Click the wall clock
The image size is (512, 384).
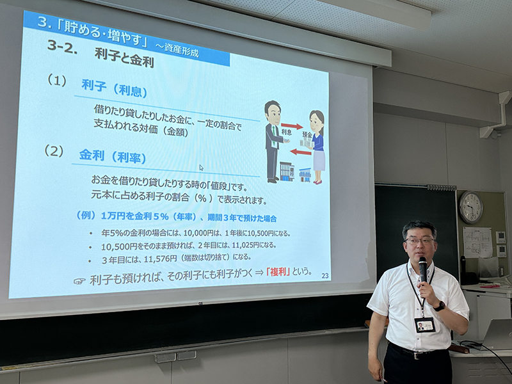point(470,207)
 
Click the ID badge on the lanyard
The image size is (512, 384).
point(424,325)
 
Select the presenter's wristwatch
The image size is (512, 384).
point(440,306)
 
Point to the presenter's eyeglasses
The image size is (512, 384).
point(420,241)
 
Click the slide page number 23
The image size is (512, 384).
point(325,276)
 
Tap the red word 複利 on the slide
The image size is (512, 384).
point(278,271)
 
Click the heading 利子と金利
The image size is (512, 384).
point(124,58)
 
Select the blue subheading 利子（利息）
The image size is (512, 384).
point(114,88)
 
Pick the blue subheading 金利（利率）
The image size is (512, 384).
point(113,156)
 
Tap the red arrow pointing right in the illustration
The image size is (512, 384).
point(292,125)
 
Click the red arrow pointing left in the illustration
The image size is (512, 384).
point(300,152)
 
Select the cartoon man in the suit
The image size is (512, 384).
point(274,141)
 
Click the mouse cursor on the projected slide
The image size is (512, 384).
point(201,168)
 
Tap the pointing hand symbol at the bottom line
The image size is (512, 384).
point(79,281)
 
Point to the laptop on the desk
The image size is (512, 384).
point(497,334)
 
